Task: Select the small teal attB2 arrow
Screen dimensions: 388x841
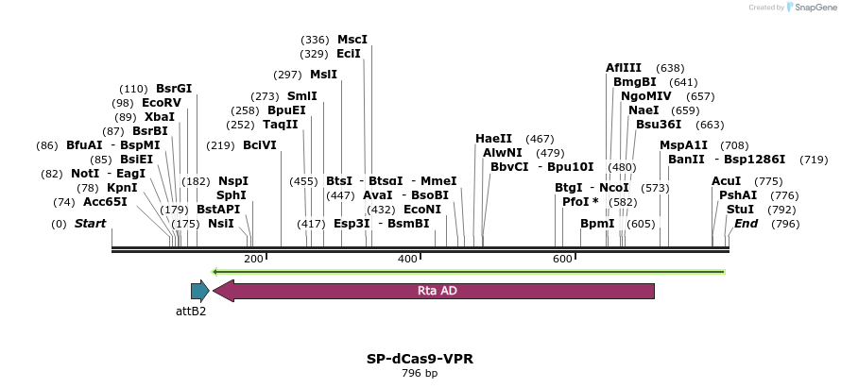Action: point(199,291)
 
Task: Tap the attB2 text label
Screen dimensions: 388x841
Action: point(191,311)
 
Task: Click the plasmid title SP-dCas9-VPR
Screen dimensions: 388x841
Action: point(420,359)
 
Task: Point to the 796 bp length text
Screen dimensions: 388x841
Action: point(420,374)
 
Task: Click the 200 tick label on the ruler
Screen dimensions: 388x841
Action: point(253,259)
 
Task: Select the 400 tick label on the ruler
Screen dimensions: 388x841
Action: point(407,259)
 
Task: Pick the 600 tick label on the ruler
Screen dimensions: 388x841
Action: point(561,259)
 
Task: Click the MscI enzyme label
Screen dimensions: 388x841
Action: point(352,40)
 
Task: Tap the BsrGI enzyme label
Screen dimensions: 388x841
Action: point(174,88)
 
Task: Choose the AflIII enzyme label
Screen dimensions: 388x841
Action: point(624,68)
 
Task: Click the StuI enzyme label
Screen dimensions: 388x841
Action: point(741,209)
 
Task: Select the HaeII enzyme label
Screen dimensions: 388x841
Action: point(493,139)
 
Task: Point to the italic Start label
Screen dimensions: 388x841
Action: point(90,224)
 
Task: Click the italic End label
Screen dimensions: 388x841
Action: point(746,224)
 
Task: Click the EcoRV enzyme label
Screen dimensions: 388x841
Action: point(161,102)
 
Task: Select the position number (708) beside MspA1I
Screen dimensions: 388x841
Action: point(734,145)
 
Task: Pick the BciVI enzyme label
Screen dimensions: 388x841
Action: point(260,145)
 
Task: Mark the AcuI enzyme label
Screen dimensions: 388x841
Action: point(727,180)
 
